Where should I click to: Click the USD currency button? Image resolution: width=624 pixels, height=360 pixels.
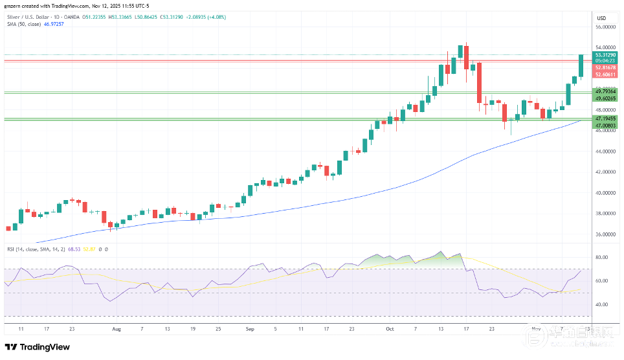[x=601, y=17]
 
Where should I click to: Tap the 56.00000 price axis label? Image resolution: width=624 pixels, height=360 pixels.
[x=605, y=27]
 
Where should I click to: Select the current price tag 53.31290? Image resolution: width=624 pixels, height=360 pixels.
[x=605, y=56]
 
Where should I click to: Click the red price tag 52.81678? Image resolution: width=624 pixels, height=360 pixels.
[x=605, y=67]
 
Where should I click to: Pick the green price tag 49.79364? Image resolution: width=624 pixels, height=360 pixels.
[x=605, y=92]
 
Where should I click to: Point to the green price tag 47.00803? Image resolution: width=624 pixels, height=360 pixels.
[x=605, y=125]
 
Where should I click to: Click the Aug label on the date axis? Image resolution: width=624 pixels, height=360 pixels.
[x=117, y=329]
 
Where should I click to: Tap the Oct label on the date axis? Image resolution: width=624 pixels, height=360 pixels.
[x=390, y=329]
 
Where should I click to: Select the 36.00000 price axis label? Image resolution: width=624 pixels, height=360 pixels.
[x=605, y=234]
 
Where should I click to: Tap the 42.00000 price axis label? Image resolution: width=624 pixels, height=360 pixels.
[x=605, y=172]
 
